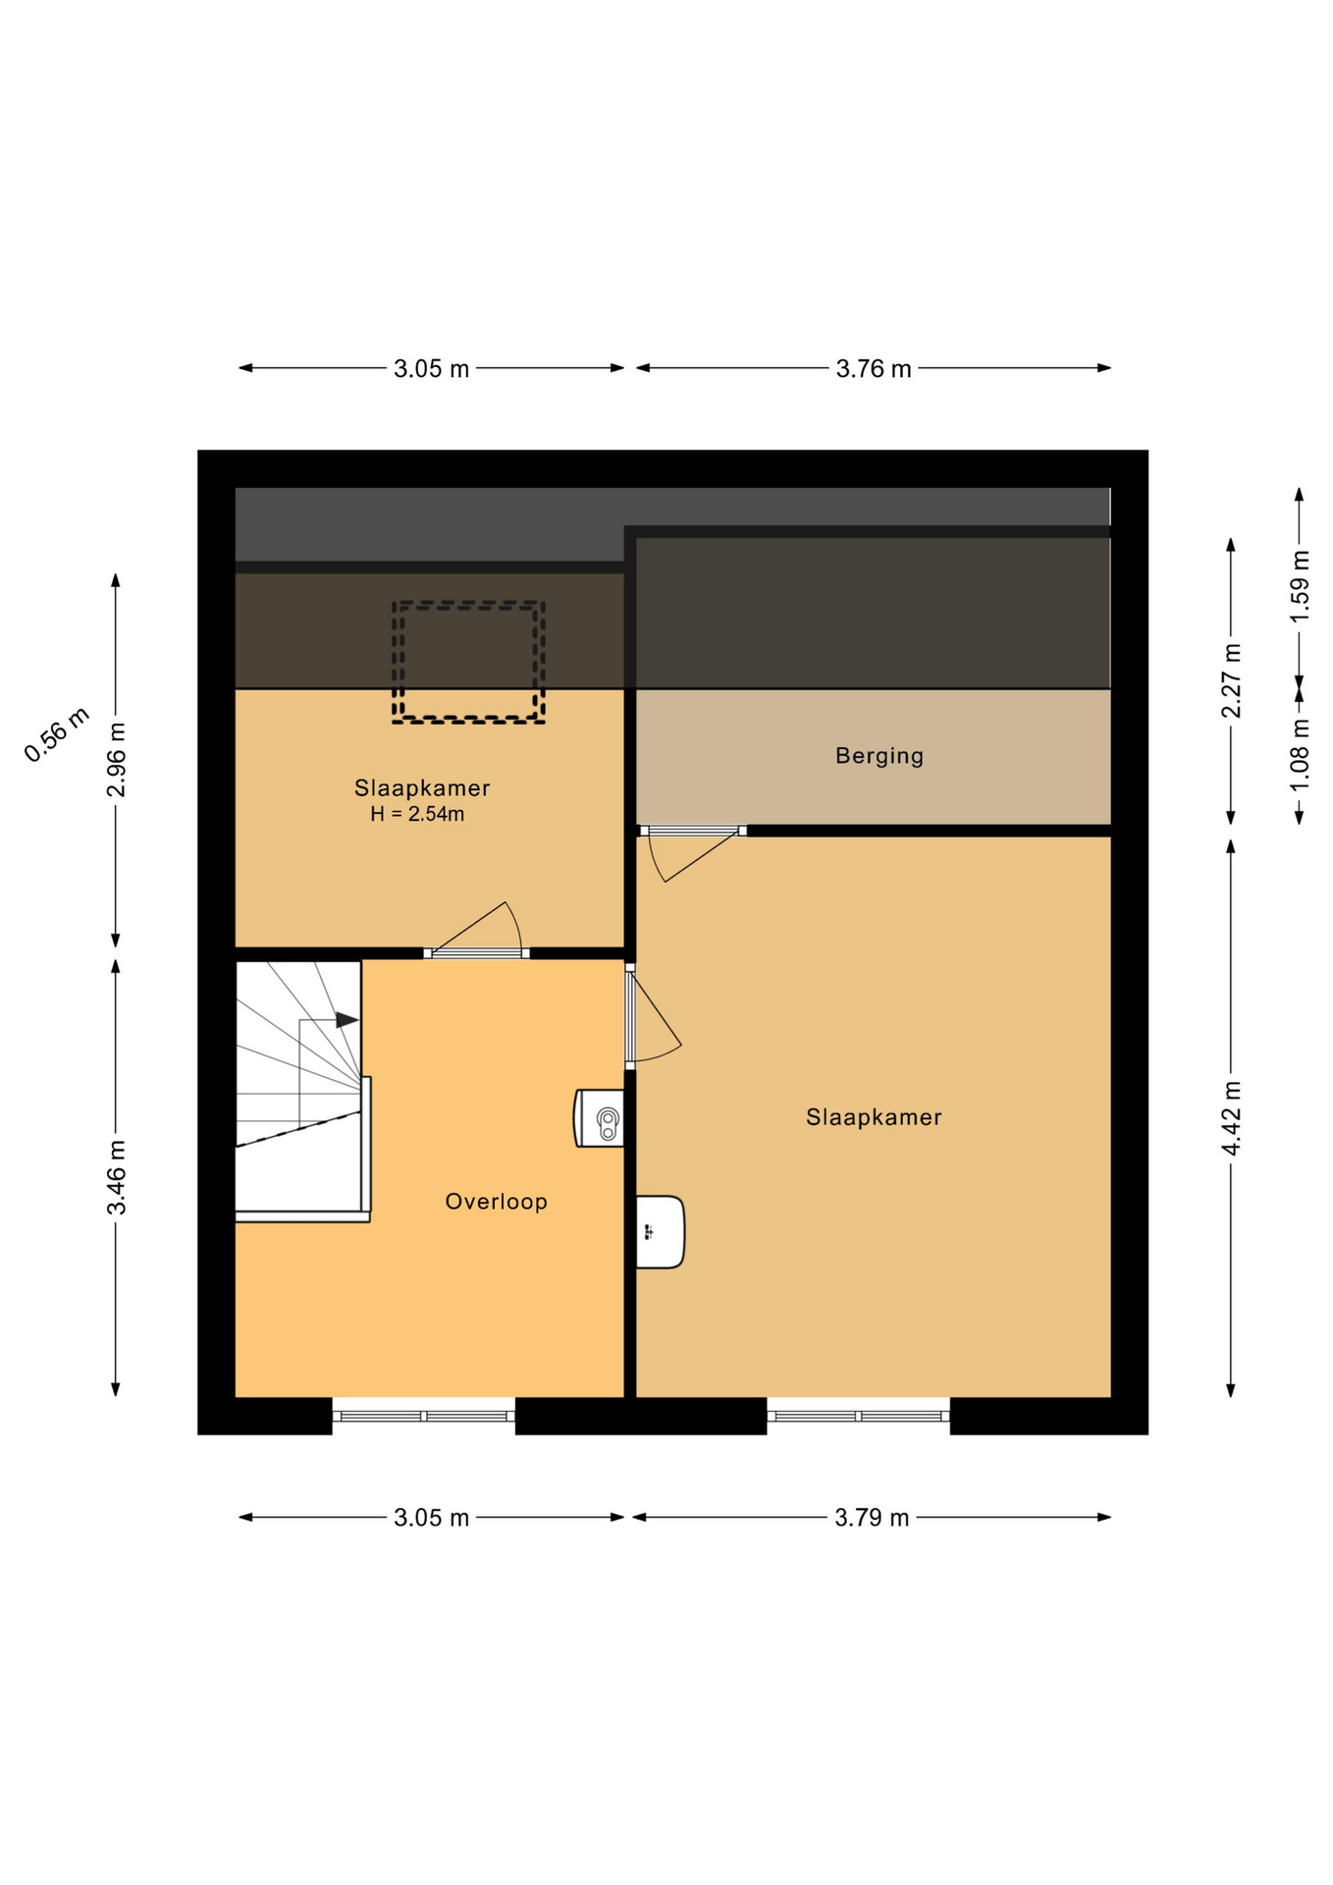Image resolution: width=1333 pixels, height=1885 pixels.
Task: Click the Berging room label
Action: tap(879, 756)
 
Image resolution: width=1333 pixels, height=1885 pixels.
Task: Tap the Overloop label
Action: tap(496, 1202)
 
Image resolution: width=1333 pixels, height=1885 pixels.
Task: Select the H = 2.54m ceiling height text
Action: tap(417, 814)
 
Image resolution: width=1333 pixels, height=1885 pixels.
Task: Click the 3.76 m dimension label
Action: tap(873, 369)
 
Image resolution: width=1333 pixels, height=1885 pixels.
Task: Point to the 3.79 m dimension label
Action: tap(872, 1518)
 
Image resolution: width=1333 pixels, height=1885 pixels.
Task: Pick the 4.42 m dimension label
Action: tap(1231, 1118)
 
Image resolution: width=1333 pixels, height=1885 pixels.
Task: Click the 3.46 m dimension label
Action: tap(116, 1177)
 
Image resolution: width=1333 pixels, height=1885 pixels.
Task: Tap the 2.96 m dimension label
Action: tap(116, 760)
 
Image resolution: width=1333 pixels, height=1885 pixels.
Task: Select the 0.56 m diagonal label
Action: tap(57, 734)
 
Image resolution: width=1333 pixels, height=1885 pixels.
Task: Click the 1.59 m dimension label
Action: tap(1299, 586)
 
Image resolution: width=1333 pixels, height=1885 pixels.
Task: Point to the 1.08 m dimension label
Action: tap(1299, 755)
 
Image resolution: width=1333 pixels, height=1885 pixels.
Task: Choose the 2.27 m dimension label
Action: tap(1231, 680)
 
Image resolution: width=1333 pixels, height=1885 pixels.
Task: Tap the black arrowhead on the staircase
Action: tap(347, 1020)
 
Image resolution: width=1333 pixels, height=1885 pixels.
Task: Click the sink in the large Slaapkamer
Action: tap(660, 1232)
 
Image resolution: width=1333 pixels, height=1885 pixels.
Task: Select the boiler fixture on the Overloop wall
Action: tap(599, 1118)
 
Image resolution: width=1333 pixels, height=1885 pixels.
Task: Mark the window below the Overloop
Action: tap(424, 1416)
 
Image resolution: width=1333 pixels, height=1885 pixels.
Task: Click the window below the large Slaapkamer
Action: tap(858, 1416)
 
